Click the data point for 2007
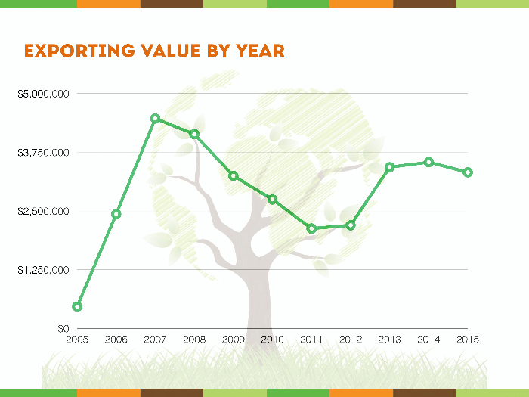pyautogui.click(x=155, y=119)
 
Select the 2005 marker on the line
pyautogui.click(x=77, y=306)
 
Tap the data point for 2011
pyautogui.click(x=311, y=228)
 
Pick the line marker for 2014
pyautogui.click(x=428, y=163)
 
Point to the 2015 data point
pyautogui.click(x=468, y=172)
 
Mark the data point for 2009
pyautogui.click(x=234, y=176)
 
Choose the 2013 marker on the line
pyautogui.click(x=390, y=167)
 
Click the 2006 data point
pyautogui.click(x=116, y=214)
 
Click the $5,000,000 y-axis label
pyautogui.click(x=44, y=94)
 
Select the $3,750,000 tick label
pyautogui.click(x=44, y=153)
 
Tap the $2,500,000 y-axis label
pyautogui.click(x=44, y=211)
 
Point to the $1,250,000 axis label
pyautogui.click(x=44, y=270)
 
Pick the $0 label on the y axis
pyautogui.click(x=63, y=328)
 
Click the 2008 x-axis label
pyautogui.click(x=194, y=339)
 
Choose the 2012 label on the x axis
pyautogui.click(x=351, y=339)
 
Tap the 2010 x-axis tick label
pyautogui.click(x=272, y=339)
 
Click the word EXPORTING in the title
pyautogui.click(x=79, y=51)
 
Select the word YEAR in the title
pyautogui.click(x=260, y=51)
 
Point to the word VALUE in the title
pyautogui.click(x=171, y=51)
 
